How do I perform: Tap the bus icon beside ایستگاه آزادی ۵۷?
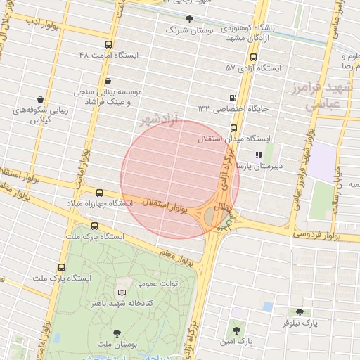[253, 58]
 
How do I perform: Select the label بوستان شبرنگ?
[187, 30]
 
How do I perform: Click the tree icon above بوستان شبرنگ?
[188, 19]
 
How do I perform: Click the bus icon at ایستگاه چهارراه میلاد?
[98, 192]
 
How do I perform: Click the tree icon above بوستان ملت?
[117, 333]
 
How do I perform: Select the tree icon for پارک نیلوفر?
[300, 312]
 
